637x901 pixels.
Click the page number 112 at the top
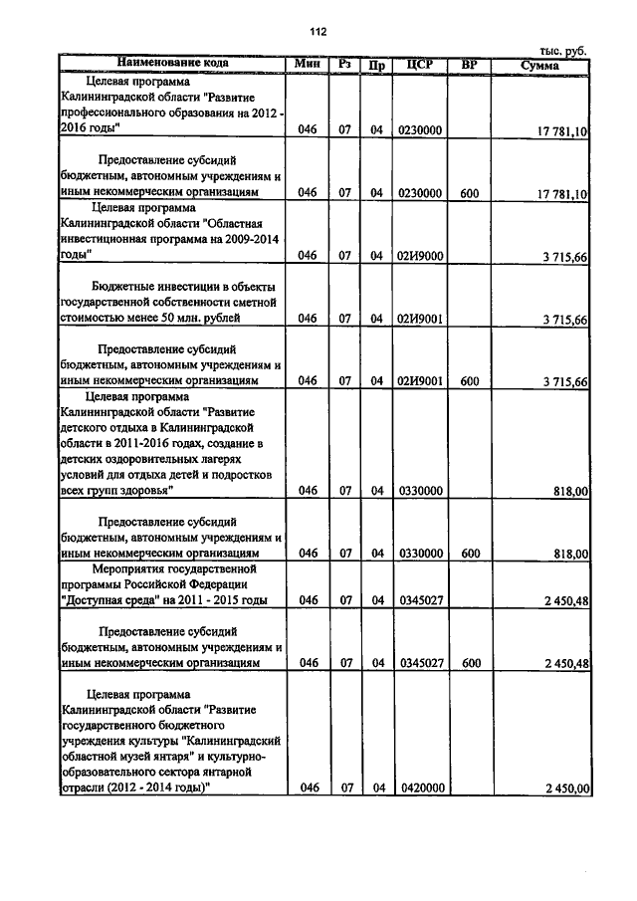pos(318,32)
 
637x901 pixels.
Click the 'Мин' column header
pos(306,64)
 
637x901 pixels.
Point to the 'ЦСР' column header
pos(420,65)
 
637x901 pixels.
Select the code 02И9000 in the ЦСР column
pos(420,256)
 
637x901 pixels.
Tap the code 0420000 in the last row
pos(420,788)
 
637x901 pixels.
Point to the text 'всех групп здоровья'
pos(115,490)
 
